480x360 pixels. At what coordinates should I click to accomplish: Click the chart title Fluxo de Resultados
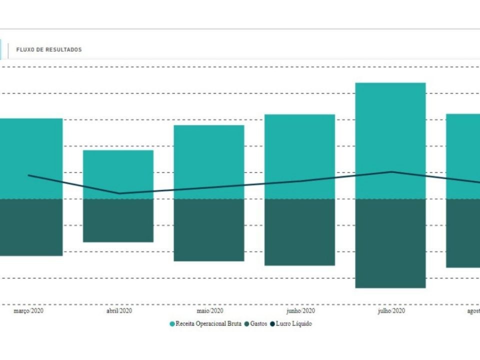coord(49,50)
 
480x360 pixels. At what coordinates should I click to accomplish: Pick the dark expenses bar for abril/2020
coord(118,220)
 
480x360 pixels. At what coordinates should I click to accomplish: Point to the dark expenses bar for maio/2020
coord(209,230)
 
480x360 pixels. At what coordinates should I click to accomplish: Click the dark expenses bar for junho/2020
coord(299,232)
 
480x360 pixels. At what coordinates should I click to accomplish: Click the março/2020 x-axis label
coord(28,311)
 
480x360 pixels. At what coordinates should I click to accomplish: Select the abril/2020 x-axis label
coord(119,311)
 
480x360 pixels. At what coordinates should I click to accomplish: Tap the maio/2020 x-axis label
coord(210,311)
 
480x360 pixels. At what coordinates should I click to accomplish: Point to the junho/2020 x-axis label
coord(300,311)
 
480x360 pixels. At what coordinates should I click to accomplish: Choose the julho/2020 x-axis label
coord(391,311)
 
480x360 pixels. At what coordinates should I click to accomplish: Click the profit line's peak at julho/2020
coord(391,172)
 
